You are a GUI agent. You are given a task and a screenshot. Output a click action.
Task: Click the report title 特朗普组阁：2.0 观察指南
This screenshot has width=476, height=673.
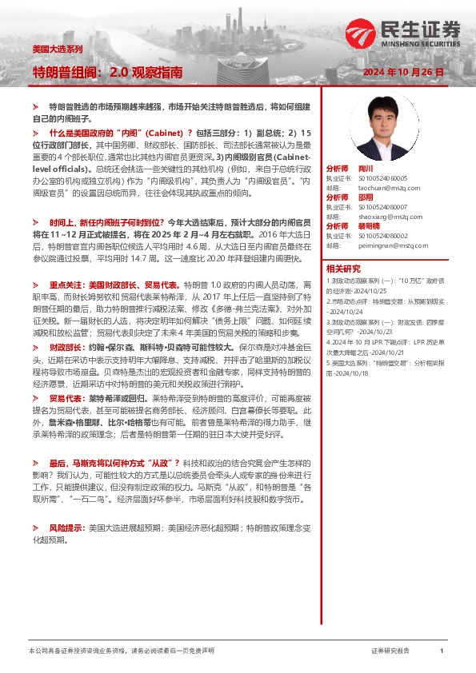click(107, 72)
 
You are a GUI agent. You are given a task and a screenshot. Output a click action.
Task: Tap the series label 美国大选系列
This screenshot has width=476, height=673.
click(57, 50)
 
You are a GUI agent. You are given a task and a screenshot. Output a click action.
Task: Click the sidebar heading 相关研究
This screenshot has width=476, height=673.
click(343, 269)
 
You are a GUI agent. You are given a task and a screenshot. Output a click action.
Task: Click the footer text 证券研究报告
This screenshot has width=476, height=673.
click(391, 651)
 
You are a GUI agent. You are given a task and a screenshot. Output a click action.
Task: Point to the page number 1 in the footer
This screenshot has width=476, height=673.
click(442, 651)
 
